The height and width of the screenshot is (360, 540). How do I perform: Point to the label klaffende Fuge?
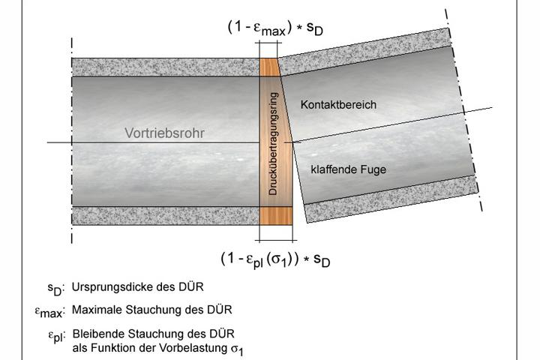[349, 169]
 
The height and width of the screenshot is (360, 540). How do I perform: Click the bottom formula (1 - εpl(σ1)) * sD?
[275, 259]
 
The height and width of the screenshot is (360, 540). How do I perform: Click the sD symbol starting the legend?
[55, 289]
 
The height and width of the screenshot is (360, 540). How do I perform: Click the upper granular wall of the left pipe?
[165, 67]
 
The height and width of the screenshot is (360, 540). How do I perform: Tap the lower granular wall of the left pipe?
[165, 216]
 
